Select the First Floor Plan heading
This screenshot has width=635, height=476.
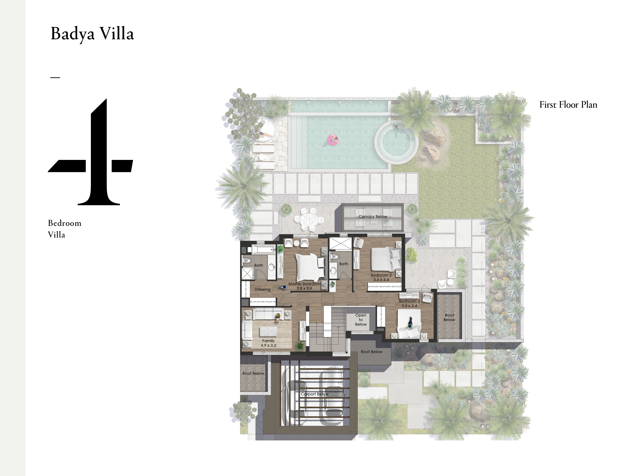(x=568, y=105)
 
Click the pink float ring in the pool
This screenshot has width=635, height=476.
(x=333, y=140)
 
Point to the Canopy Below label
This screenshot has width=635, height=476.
(x=373, y=216)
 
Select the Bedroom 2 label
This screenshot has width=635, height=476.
(x=381, y=275)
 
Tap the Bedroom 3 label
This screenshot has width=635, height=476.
(x=409, y=301)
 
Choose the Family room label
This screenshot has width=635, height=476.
(x=268, y=341)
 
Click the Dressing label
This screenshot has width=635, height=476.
(x=262, y=289)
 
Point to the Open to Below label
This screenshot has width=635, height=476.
(x=360, y=320)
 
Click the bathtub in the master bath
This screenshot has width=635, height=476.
(x=264, y=249)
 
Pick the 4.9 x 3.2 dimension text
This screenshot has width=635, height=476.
(x=268, y=345)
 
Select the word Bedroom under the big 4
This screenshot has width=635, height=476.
(x=65, y=223)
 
